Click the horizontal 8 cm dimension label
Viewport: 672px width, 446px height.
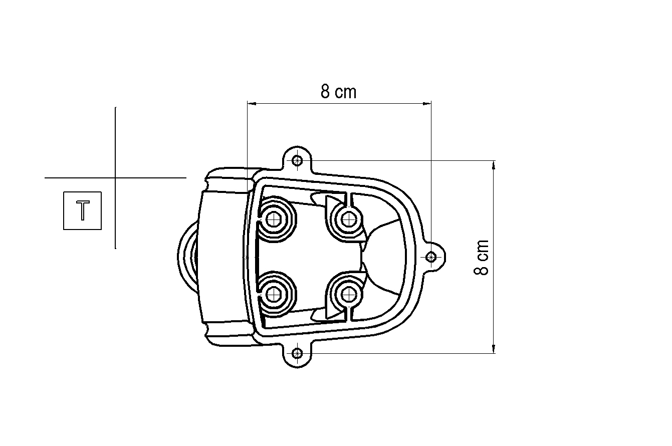coord(338,92)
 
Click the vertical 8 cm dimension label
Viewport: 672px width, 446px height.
coord(481,258)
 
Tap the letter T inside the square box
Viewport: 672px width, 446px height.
coord(83,211)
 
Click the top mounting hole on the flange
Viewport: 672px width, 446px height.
coord(297,160)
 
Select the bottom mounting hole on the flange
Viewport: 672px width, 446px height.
coord(297,353)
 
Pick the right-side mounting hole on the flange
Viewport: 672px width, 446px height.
coord(431,257)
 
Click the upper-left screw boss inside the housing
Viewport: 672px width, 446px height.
coord(274,219)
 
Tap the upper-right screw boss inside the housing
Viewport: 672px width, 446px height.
coord(349,219)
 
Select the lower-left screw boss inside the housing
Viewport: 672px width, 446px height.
coord(274,294)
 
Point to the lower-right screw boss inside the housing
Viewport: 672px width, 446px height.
coord(349,294)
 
